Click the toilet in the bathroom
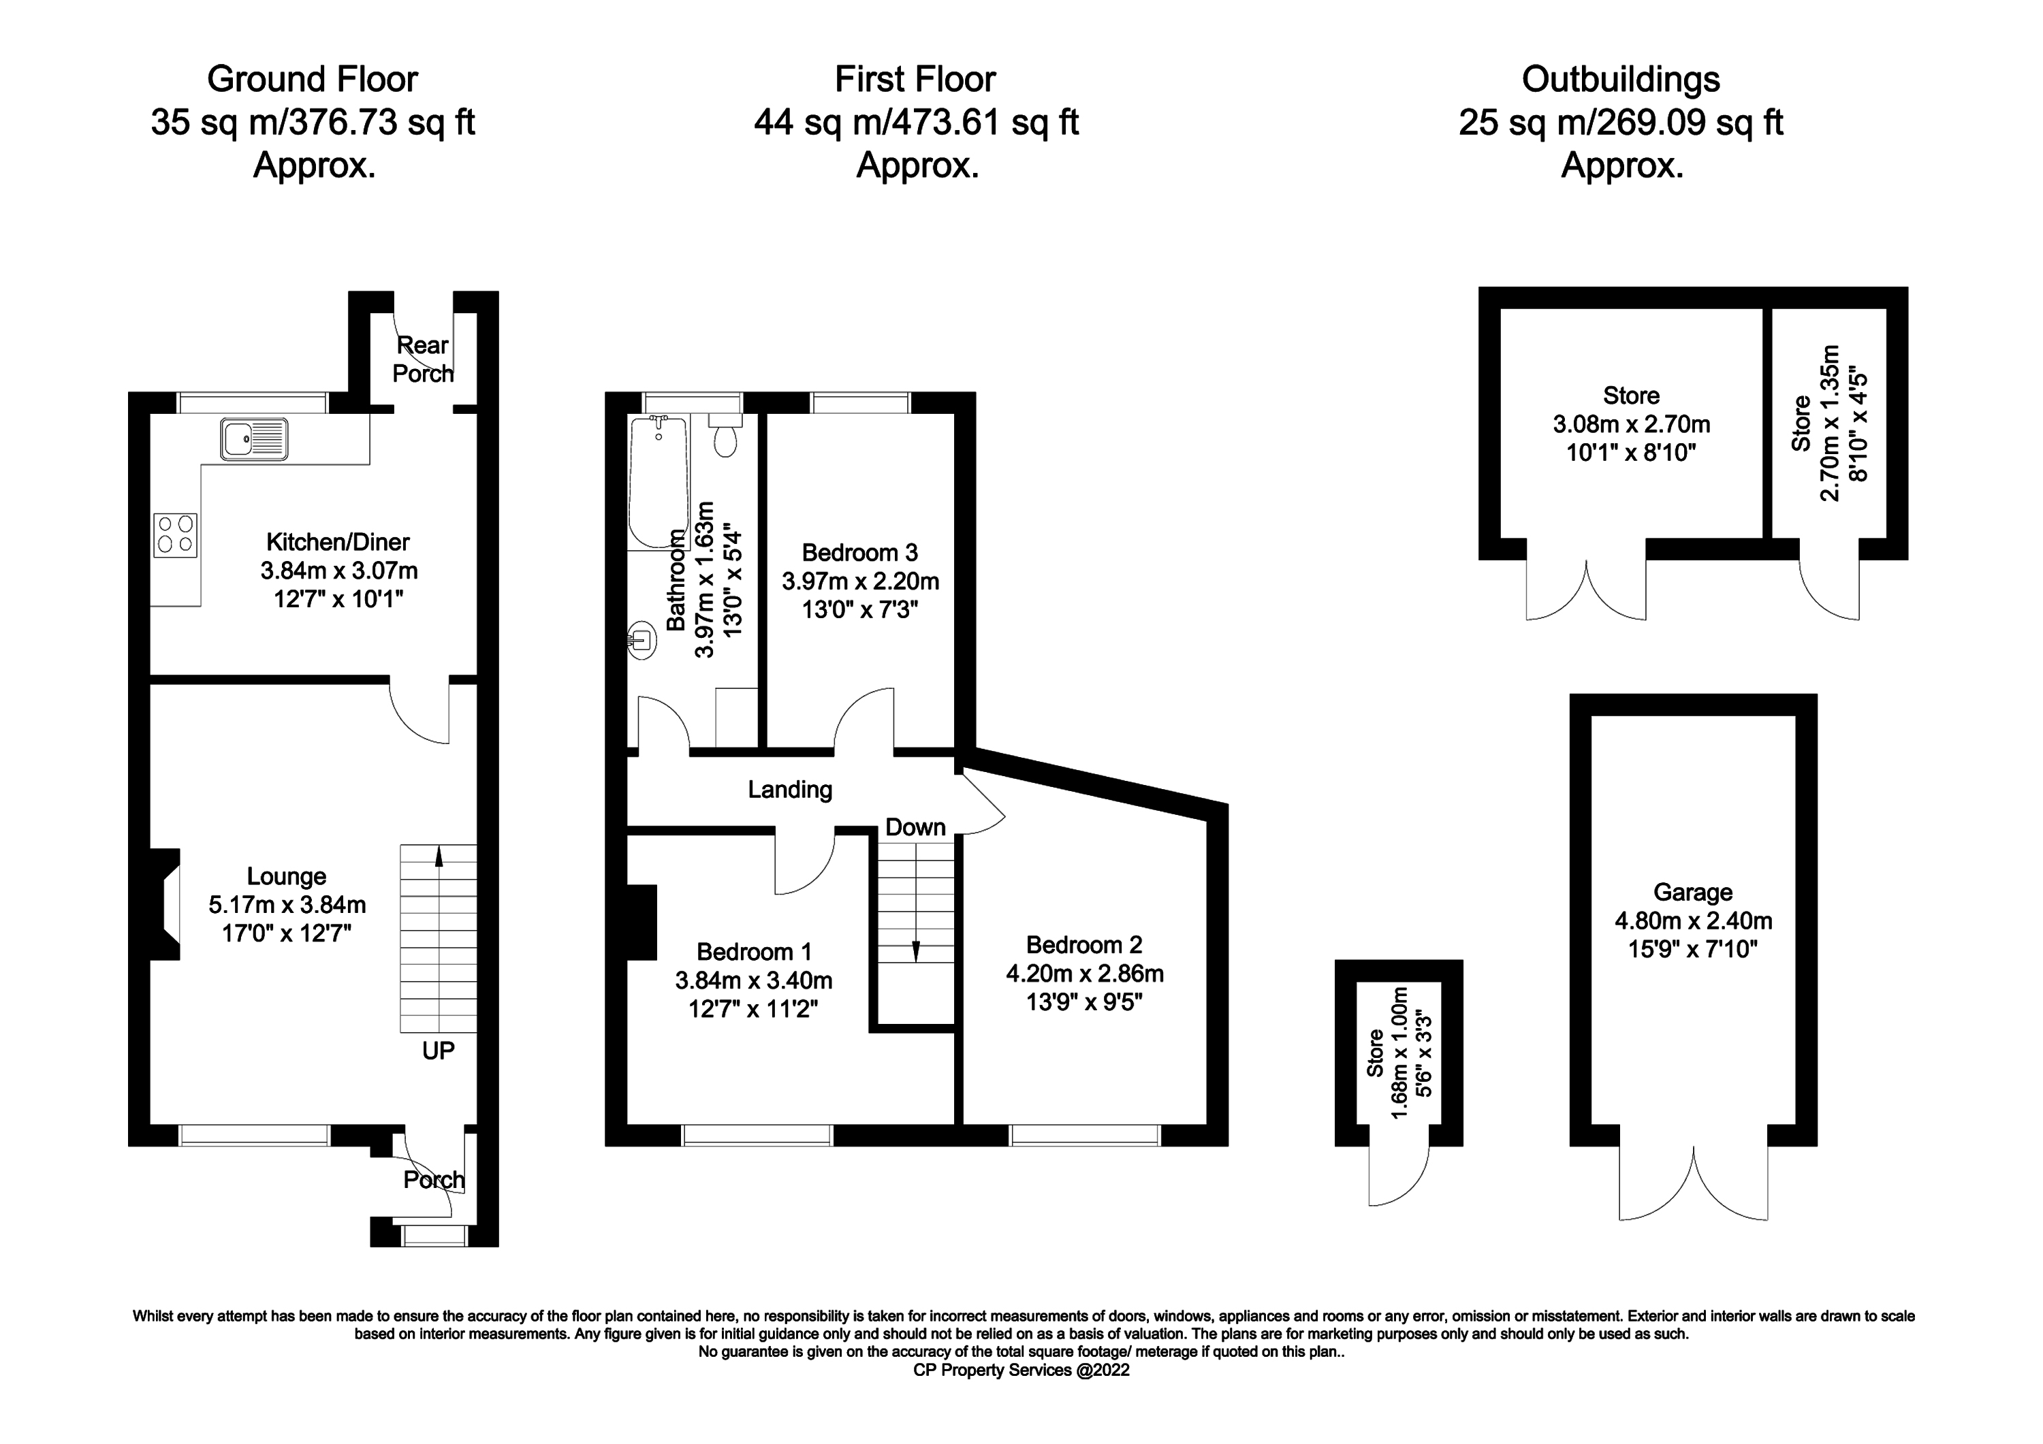tap(725, 436)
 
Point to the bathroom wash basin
tap(641, 640)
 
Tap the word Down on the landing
tap(915, 827)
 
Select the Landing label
tap(789, 789)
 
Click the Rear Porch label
tap(423, 359)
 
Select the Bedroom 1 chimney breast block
tap(642, 922)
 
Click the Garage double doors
tap(1693, 1184)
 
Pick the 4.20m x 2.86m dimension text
tap(1083, 974)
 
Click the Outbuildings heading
tap(1620, 79)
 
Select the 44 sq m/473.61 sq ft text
tap(916, 122)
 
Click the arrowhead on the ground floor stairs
tap(438, 855)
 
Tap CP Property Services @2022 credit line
tap(1021, 1370)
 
